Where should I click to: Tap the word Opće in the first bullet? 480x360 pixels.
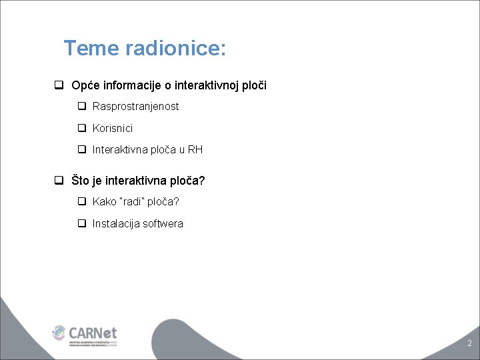85,85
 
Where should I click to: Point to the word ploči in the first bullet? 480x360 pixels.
253,85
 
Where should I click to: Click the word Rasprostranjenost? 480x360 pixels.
135,107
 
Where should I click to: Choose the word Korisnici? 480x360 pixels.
113,128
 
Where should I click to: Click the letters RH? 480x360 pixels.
195,150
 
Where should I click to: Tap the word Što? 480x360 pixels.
81,181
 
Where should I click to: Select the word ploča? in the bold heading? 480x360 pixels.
188,181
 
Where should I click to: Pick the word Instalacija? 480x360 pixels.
116,224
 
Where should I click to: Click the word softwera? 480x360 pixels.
163,224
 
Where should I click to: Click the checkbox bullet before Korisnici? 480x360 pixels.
82,128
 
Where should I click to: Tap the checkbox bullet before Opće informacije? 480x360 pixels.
59,85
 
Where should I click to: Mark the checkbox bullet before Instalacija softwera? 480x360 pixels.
82,224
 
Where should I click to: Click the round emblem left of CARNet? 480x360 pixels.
60,332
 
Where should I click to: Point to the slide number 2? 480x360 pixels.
469,344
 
